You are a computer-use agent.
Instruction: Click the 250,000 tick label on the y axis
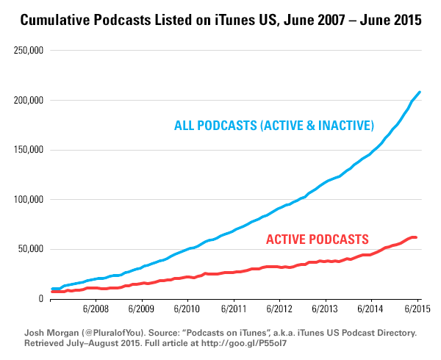coord(25,51)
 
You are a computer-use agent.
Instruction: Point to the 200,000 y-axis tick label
coord(25,101)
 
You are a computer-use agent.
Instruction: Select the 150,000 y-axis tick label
coord(25,150)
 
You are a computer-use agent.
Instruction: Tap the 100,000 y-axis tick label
coord(25,200)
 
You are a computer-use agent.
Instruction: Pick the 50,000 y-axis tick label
coord(27,249)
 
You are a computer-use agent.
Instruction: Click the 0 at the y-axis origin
coord(39,298)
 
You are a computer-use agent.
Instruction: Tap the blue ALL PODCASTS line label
coord(273,126)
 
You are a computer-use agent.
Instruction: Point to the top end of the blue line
coord(419,93)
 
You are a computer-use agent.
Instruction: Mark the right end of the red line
coord(416,237)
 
